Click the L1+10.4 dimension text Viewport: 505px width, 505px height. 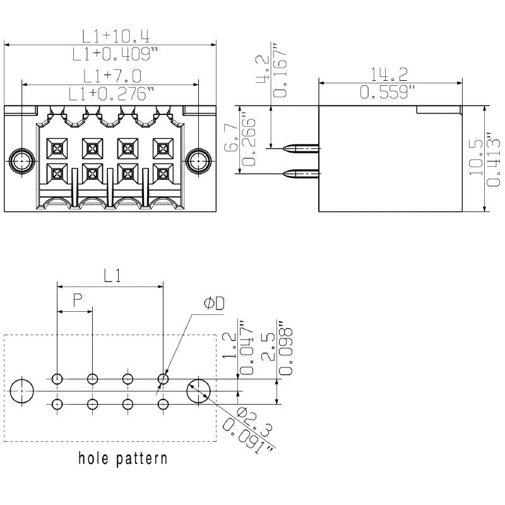pyautogui.click(x=111, y=35)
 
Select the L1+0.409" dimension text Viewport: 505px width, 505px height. pyautogui.click(x=111, y=54)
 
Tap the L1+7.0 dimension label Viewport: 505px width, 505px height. pyautogui.click(x=111, y=76)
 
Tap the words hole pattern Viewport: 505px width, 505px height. pyautogui.click(x=123, y=458)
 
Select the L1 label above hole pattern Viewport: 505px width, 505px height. pyautogui.click(x=111, y=275)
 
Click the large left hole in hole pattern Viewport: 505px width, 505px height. pyautogui.click(x=23, y=391)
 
